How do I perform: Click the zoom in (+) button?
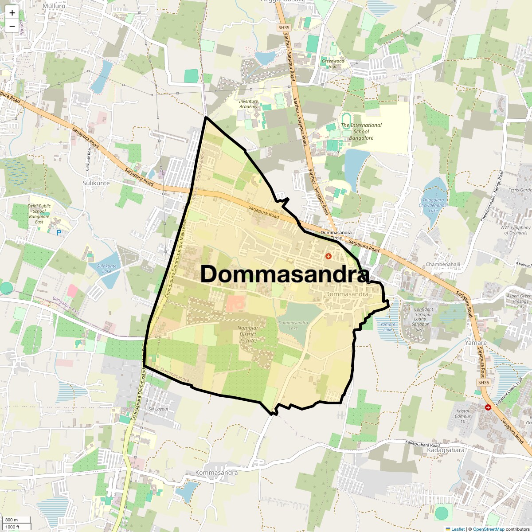[x=12, y=13]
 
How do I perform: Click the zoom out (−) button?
[x=12, y=26]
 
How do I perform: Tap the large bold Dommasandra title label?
[x=285, y=274]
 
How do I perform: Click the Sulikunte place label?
[x=96, y=183]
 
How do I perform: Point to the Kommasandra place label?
[x=216, y=473]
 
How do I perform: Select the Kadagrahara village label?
[x=446, y=450]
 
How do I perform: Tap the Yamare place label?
[x=476, y=343]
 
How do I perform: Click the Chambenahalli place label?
[x=443, y=264]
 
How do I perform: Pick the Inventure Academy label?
[x=248, y=104]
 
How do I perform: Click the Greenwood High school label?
[x=333, y=63]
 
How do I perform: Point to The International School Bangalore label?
[x=361, y=131]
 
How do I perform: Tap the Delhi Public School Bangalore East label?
[x=39, y=214]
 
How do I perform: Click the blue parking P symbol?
[x=59, y=232]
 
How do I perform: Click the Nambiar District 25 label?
[x=248, y=334]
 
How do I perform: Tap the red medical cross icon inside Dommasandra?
[x=329, y=256]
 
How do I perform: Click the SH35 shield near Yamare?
[x=484, y=383]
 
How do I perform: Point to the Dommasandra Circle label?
[x=336, y=235]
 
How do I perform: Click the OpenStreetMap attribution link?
[x=488, y=529]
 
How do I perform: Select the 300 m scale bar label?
[x=12, y=520]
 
